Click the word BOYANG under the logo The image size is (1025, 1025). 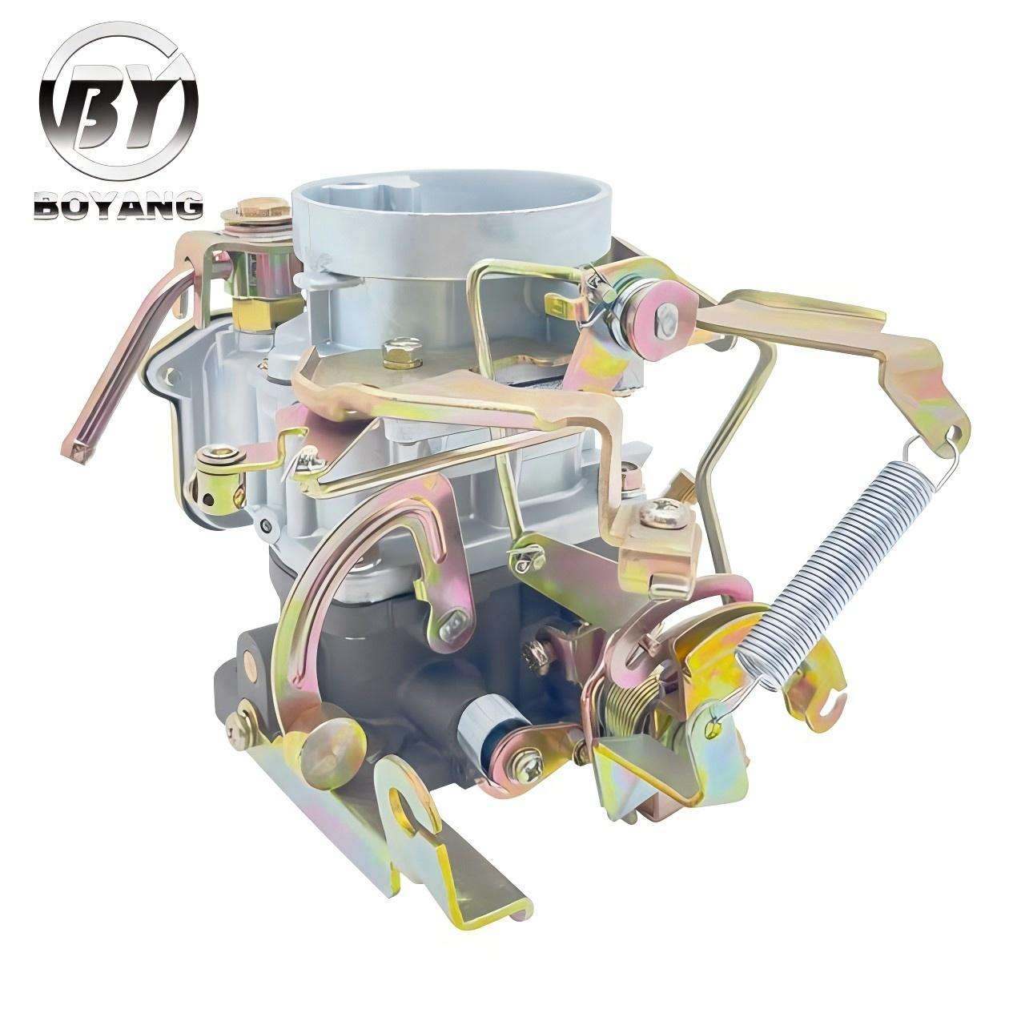[119, 207]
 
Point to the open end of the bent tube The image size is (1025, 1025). [77, 452]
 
